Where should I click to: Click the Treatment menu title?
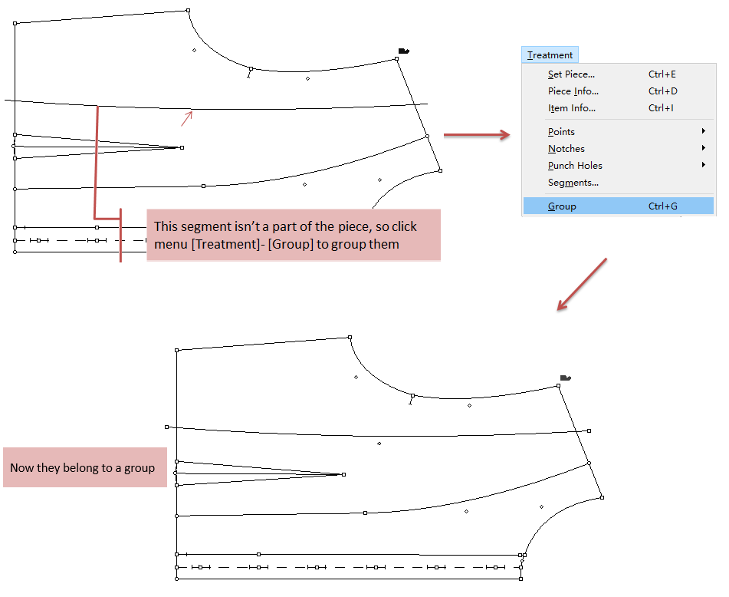pos(550,55)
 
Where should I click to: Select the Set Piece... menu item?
pos(571,74)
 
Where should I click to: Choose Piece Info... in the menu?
pos(574,91)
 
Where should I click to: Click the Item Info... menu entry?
pos(572,108)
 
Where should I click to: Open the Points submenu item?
pos(561,132)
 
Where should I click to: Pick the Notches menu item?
pos(566,149)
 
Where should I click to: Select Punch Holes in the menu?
pos(575,166)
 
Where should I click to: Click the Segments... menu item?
pos(573,183)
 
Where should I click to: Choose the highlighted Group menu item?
pos(562,206)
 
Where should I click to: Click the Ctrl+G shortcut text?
pos(662,206)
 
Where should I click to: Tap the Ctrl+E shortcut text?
pos(662,74)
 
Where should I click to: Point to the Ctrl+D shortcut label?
pos(662,91)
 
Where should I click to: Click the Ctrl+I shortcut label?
pos(661,108)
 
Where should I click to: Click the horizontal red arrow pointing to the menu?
pos(477,136)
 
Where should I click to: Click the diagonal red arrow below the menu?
pos(581,285)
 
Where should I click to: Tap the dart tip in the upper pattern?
pos(182,147)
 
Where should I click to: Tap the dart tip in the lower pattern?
pos(343,475)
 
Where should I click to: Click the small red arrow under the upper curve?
pos(186,118)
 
